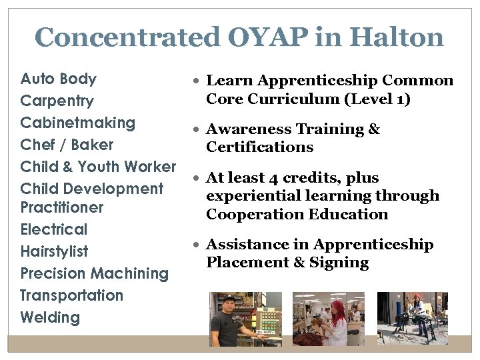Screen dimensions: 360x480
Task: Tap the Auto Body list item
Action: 59,79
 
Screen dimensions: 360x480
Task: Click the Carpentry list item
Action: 57,101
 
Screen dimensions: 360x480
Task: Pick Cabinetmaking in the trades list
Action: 78,123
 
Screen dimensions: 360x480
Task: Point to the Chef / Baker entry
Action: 67,145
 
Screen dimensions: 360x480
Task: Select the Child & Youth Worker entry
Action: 98,167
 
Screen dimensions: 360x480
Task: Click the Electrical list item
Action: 54,229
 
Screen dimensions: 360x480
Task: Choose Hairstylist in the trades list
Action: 55,251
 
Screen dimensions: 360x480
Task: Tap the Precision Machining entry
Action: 95,273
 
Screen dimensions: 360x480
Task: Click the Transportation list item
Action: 72,295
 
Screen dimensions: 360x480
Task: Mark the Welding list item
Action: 50,317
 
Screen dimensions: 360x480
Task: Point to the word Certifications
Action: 259,147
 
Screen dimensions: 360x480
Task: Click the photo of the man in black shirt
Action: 245,319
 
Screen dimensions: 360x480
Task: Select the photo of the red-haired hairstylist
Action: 329,319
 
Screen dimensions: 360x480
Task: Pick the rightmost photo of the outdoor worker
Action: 412,319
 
